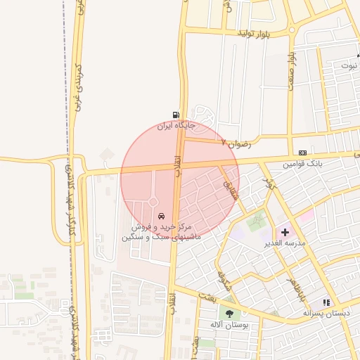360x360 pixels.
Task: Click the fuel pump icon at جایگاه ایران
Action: pos(174,115)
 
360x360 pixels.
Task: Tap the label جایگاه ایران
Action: pos(174,126)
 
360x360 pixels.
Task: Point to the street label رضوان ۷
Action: pos(236,142)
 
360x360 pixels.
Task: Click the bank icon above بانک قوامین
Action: pos(302,153)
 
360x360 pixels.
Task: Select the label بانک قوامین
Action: pos(302,163)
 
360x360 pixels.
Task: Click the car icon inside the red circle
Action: pos(162,215)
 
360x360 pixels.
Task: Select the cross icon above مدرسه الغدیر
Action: pos(285,232)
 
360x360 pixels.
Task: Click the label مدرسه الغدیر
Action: pos(285,243)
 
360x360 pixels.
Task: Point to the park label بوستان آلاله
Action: pos(226,324)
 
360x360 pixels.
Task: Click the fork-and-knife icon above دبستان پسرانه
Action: pos(326,302)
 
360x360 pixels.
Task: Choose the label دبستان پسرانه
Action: pos(326,312)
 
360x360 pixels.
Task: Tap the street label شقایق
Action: pos(231,185)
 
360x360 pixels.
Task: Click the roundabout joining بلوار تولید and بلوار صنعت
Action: pos(291,30)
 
